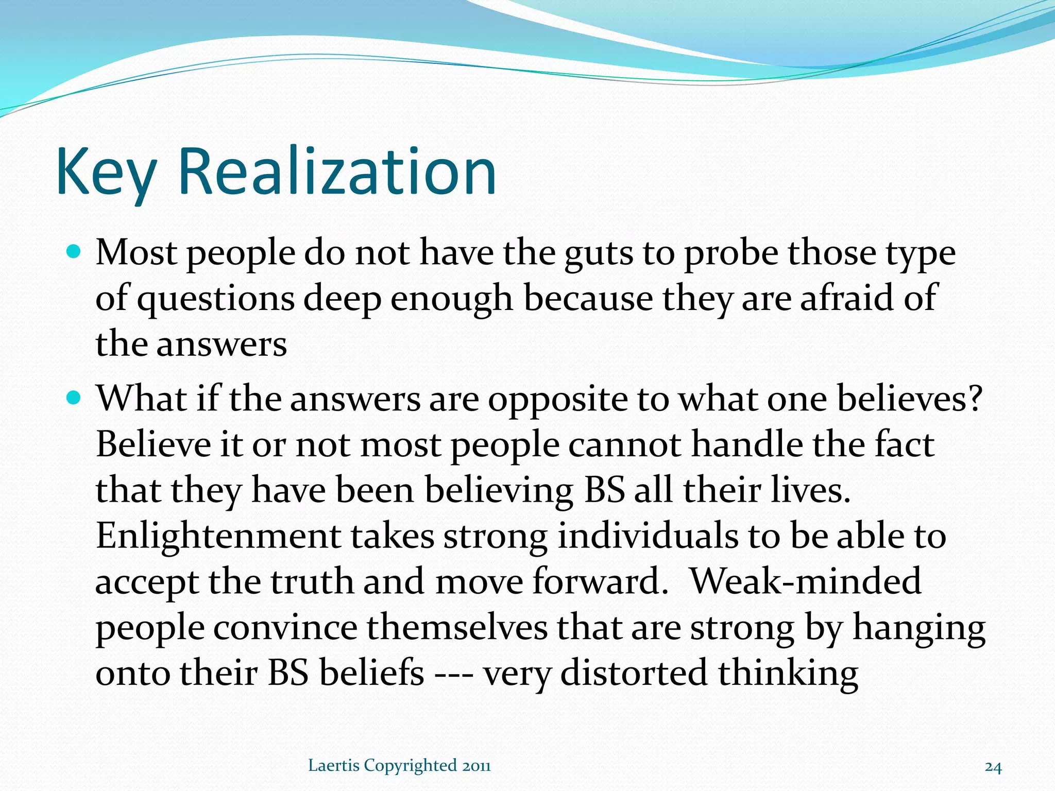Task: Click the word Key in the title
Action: click(106, 173)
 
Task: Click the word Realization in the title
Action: click(337, 173)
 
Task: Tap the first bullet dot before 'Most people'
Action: click(75, 252)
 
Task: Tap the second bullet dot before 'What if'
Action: click(75, 398)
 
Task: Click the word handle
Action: click(746, 444)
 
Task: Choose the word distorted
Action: click(634, 673)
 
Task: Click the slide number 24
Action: click(993, 767)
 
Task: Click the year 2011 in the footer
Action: click(476, 766)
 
